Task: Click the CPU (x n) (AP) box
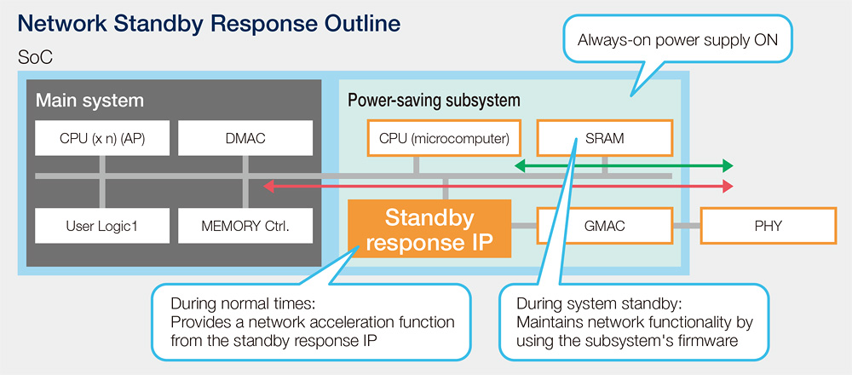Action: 103,138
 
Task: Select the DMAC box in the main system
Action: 245,138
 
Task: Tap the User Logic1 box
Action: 103,226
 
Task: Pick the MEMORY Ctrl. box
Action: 245,226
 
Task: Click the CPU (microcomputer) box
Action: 445,138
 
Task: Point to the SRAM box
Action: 605,138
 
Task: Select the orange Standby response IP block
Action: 429,228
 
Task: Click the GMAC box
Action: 605,226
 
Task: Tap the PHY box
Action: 769,226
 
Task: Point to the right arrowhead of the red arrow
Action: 728,187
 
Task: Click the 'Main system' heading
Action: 89,101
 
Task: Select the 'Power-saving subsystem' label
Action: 434,101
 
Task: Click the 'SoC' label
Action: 35,58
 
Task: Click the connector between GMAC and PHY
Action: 687,225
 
